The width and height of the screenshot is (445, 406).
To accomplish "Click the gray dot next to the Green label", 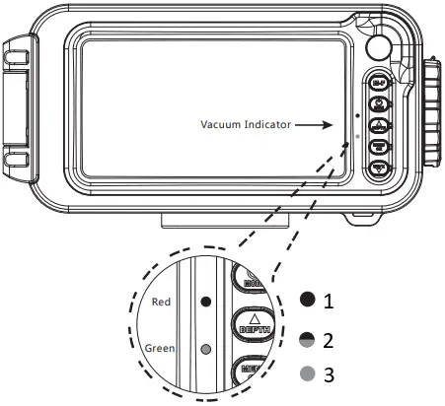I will (x=205, y=348).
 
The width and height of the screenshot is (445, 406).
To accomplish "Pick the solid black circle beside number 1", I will (x=308, y=297).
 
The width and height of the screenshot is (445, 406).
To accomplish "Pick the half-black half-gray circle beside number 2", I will (x=308, y=339).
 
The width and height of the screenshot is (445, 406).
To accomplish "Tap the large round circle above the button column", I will (x=378, y=47).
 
